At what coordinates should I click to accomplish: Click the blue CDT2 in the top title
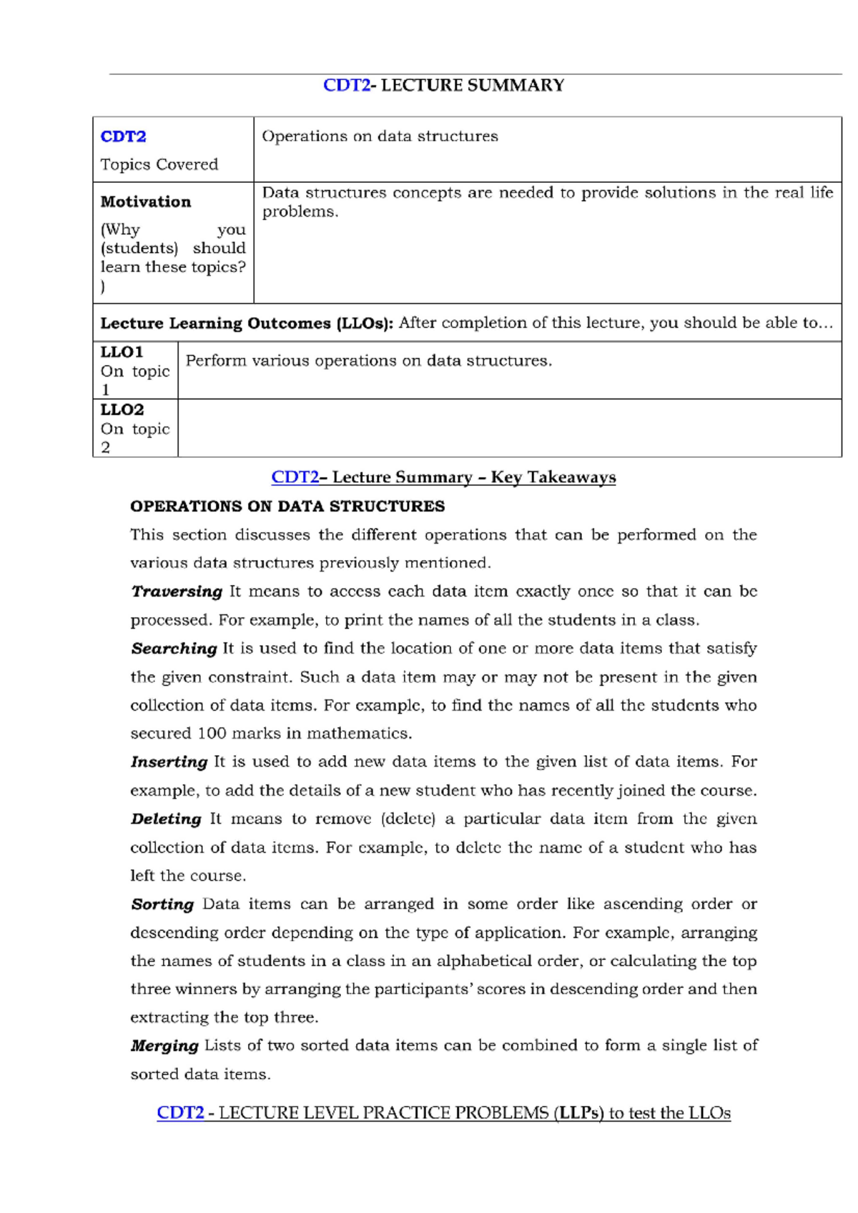point(346,85)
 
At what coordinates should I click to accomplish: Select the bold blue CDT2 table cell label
point(123,136)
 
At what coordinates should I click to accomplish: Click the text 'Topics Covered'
point(159,164)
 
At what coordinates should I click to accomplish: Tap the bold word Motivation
point(145,202)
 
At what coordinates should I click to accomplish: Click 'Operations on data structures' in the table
point(380,136)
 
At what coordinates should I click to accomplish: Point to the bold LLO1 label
point(122,352)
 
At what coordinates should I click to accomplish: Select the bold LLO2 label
point(122,410)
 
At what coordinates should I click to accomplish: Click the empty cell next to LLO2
point(509,428)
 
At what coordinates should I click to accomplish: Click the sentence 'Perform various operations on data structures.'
point(368,361)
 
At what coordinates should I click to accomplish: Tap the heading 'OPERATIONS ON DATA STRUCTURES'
point(287,506)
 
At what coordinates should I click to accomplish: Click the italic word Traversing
point(177,591)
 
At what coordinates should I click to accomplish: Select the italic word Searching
point(174,649)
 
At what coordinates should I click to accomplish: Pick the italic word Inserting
point(169,762)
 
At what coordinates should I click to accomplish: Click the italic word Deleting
point(166,819)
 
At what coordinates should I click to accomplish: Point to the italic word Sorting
point(162,904)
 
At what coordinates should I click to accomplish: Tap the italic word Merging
point(164,1046)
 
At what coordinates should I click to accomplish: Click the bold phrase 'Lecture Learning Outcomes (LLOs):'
point(247,323)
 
